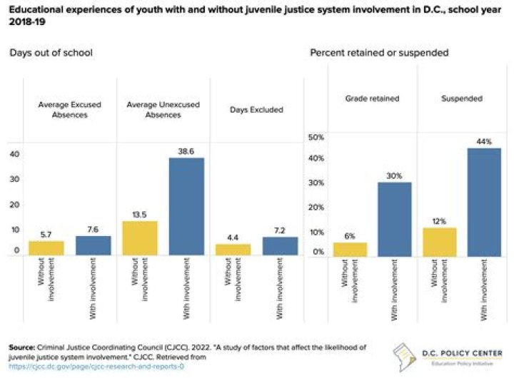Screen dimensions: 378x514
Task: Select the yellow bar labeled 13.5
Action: coord(140,237)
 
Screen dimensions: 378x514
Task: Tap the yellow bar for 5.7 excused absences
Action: coord(46,247)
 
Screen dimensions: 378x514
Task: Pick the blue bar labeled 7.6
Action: coord(94,245)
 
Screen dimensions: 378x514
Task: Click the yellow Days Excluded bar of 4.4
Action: coord(233,249)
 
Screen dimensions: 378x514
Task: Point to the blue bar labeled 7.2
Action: coord(280,245)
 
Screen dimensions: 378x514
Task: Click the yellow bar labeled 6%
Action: coord(351,248)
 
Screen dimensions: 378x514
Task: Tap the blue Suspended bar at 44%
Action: coord(485,201)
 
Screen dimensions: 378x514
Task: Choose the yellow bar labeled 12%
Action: coord(440,241)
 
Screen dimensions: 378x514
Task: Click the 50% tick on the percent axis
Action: coord(316,136)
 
